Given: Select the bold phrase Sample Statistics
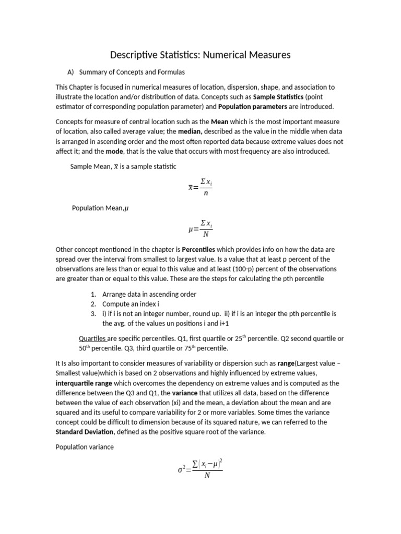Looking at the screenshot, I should pyautogui.click(x=278, y=97).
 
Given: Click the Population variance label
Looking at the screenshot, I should pyautogui.click(x=84, y=447).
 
